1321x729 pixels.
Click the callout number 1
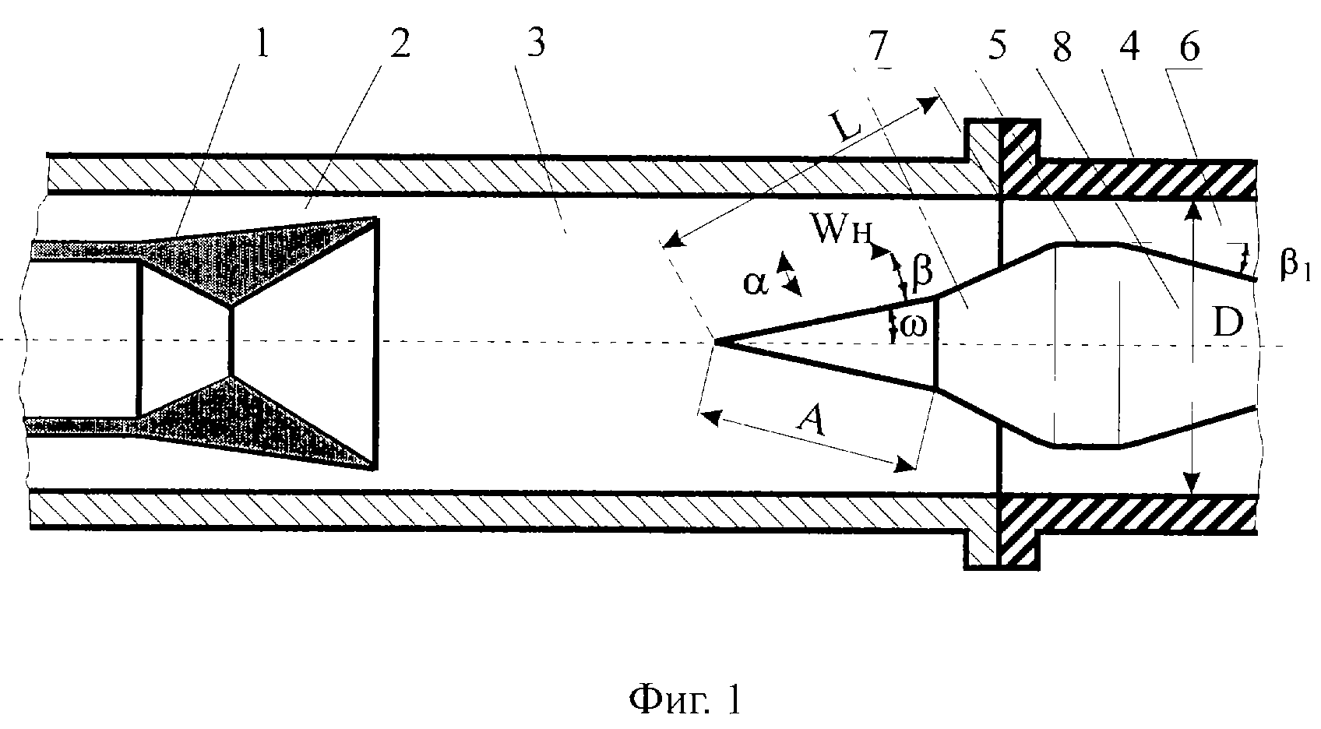pyautogui.click(x=262, y=43)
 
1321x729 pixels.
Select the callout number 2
pyautogui.click(x=400, y=43)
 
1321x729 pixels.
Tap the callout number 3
pyautogui.click(x=536, y=42)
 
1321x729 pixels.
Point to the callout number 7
pyautogui.click(x=878, y=45)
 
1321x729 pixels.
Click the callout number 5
pyautogui.click(x=997, y=45)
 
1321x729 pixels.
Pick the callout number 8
pyautogui.click(x=1062, y=48)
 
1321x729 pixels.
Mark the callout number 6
pyautogui.click(x=1189, y=48)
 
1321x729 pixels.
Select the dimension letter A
pyautogui.click(x=811, y=421)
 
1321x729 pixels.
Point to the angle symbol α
pyautogui.click(x=756, y=283)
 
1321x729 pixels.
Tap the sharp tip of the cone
pyautogui.click(x=715, y=341)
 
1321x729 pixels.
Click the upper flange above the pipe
pyautogui.click(x=1002, y=157)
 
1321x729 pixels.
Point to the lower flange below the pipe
pyautogui.click(x=1002, y=532)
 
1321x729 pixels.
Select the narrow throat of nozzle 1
pyautogui.click(x=231, y=340)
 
